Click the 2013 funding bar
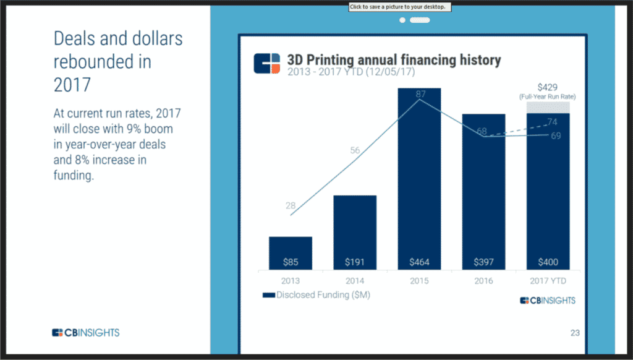291,253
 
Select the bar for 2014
355,233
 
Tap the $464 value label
420,262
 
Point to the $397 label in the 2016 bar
483,262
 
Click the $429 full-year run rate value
548,87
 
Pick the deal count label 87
420,94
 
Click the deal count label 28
291,205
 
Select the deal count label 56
355,150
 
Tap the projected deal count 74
552,122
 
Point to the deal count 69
556,135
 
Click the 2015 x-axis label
420,281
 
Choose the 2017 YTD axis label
548,281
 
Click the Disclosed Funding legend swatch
269,295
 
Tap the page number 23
575,333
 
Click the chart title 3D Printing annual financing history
394,60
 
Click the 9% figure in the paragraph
134,129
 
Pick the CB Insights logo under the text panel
85,333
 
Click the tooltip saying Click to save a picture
400,7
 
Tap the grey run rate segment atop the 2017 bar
548,108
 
